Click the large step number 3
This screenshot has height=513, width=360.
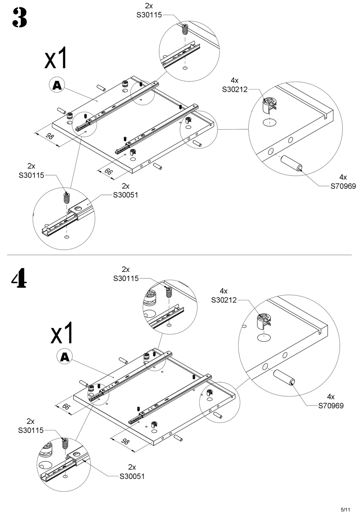coord(20,18)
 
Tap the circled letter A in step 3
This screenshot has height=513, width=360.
coord(56,85)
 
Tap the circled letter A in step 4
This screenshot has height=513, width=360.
coord(65,356)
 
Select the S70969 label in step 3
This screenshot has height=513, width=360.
coord(343,186)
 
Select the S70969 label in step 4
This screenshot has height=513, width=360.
coord(331,406)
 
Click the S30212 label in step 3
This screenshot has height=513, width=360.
coord(235,89)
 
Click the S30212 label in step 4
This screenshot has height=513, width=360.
coord(224,300)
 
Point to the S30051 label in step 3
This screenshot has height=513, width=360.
coord(125,195)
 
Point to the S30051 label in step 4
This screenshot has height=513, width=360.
coord(132,476)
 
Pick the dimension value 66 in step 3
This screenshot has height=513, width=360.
coord(108,171)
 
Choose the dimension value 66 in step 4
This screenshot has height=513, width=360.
coord(66,407)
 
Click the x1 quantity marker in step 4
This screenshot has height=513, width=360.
coord(62,333)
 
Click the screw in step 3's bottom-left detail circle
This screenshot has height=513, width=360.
coord(67,198)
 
